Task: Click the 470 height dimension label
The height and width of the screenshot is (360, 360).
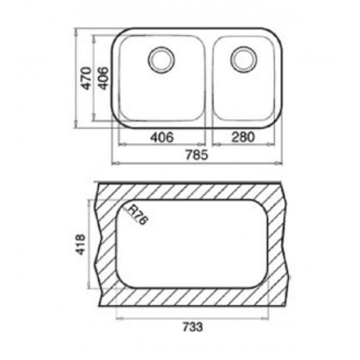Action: pos(86,79)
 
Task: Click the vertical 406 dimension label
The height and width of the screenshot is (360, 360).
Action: pos(103,79)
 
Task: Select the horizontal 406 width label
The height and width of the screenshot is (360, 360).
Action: pos(162,137)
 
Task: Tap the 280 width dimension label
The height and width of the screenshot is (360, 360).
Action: pos(242,137)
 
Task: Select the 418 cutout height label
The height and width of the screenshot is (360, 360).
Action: pos(82,244)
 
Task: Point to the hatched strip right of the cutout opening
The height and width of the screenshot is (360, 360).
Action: pos(276,240)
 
